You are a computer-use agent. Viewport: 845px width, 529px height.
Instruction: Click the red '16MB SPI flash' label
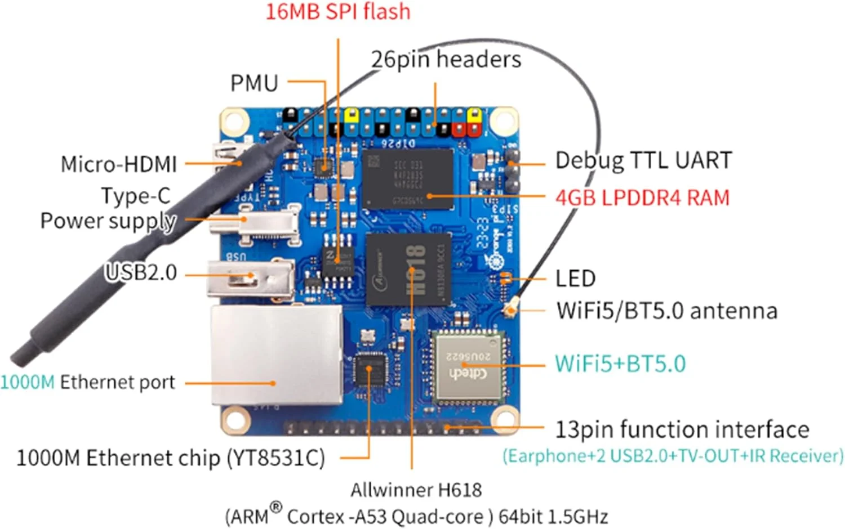pos(337,12)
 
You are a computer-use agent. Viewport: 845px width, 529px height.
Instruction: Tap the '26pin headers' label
pos(446,59)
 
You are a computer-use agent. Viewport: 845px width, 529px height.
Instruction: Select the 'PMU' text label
pos(254,83)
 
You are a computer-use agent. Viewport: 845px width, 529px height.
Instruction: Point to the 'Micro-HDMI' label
pos(118,164)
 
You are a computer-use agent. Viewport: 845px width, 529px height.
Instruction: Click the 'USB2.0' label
pos(141,273)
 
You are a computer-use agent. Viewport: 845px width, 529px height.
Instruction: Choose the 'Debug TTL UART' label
pos(643,160)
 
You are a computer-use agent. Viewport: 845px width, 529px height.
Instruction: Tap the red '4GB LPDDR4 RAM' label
pos(642,198)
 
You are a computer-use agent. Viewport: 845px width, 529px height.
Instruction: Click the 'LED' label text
pos(575,279)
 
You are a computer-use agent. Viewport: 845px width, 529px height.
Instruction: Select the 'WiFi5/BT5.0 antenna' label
pos(666,311)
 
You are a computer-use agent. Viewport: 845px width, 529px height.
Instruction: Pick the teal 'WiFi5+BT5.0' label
pos(620,364)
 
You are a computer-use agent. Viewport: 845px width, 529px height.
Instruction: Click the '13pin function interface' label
pos(682,430)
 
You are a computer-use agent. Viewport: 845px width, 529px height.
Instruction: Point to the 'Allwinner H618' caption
pos(416,490)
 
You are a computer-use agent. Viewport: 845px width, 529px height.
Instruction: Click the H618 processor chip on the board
pos(408,268)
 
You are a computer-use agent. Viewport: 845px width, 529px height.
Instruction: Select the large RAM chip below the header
pos(407,178)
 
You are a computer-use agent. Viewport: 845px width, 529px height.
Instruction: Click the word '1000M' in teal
pos(27,383)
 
